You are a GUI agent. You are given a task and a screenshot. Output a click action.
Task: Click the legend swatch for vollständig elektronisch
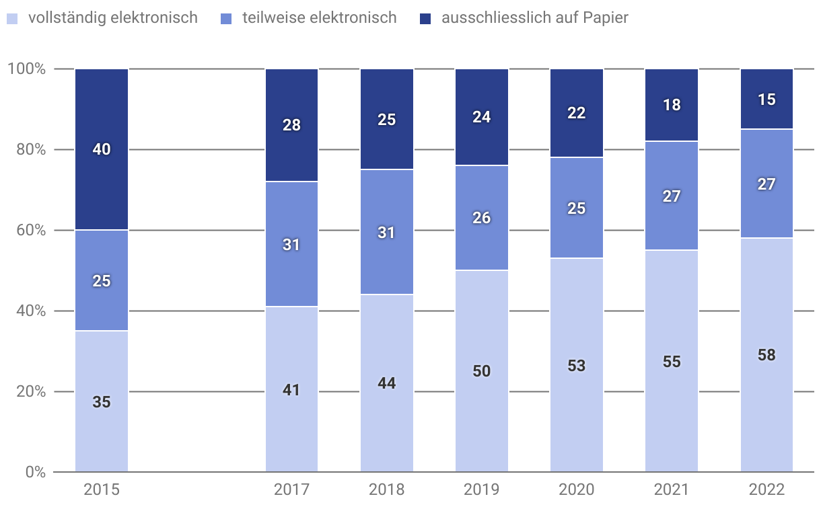(12, 18)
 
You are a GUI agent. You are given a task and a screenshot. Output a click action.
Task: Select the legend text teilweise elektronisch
(319, 17)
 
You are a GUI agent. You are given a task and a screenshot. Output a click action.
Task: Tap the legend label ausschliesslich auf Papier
(534, 17)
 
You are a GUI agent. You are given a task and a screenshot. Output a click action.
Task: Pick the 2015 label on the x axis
(102, 489)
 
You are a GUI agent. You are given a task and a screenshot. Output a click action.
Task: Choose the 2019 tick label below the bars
(482, 489)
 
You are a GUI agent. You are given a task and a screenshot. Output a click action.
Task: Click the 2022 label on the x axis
(766, 489)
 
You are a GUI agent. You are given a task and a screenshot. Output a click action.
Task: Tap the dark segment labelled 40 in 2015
(102, 149)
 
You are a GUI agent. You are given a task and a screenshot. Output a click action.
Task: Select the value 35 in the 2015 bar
(102, 402)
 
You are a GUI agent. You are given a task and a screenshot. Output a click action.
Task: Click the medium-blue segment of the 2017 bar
(291, 245)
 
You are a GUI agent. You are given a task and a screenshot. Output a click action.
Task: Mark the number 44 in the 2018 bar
(387, 383)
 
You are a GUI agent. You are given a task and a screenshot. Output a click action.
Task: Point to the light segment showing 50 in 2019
(482, 371)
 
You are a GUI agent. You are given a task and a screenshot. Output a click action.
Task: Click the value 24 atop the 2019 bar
(482, 117)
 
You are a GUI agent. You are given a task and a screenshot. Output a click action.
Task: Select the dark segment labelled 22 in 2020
(577, 113)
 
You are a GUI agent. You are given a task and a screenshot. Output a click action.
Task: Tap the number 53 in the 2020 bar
(577, 366)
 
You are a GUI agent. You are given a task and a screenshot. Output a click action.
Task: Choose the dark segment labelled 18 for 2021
(672, 105)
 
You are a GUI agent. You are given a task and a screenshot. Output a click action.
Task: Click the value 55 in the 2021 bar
(672, 362)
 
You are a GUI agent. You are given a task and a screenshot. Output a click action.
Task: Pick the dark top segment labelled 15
(766, 100)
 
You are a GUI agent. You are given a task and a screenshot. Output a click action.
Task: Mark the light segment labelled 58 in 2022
(766, 355)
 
